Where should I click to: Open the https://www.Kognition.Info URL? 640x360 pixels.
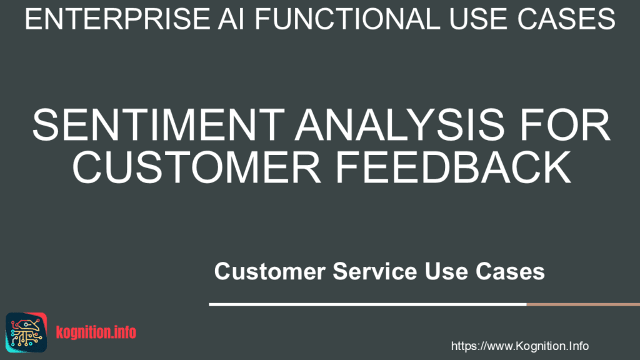pyautogui.click(x=519, y=346)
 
